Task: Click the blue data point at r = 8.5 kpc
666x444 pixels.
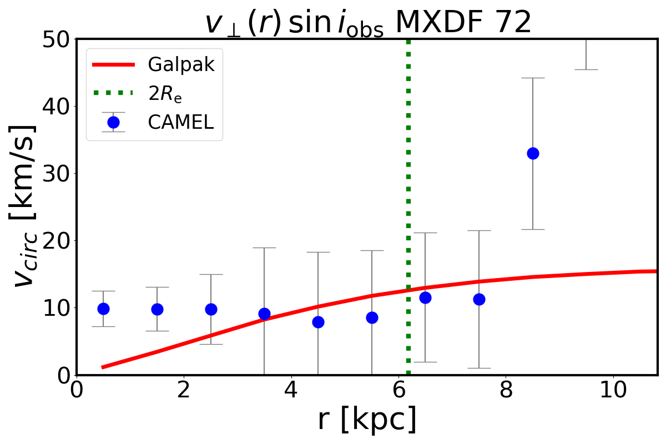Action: [533, 153]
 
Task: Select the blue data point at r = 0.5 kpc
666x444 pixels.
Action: [103, 309]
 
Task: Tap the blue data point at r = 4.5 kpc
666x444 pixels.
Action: [318, 322]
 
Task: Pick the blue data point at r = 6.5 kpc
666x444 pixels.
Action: [425, 297]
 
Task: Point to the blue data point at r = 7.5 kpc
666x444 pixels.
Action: [479, 299]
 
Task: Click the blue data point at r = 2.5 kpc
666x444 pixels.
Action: [211, 309]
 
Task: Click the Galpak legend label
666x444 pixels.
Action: [181, 65]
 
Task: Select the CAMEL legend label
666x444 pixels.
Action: [180, 123]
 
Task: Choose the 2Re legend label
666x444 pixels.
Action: [165, 94]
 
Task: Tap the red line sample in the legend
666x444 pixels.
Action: [113, 65]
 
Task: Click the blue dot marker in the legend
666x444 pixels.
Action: [113, 123]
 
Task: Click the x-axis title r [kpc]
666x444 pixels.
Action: [367, 420]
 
